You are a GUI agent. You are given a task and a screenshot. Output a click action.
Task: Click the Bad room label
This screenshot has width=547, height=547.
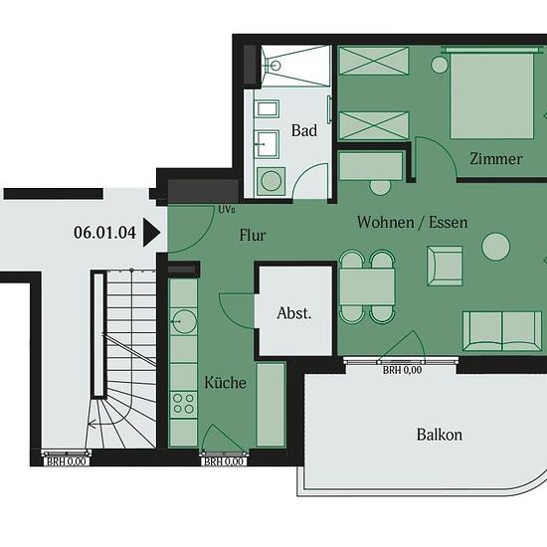click(304, 130)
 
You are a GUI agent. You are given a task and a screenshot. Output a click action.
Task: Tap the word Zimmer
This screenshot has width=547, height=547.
click(495, 159)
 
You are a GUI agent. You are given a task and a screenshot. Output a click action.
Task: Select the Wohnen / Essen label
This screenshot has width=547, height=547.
click(412, 222)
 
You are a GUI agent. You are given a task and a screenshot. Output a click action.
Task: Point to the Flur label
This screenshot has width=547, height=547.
click(253, 235)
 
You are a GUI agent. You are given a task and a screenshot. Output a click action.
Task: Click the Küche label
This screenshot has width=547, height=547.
click(225, 382)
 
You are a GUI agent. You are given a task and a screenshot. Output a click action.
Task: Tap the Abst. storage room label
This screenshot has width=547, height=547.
click(294, 313)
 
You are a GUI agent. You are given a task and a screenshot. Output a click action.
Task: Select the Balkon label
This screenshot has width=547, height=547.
click(440, 435)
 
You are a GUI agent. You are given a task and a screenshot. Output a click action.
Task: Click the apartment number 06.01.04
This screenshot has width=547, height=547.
click(104, 233)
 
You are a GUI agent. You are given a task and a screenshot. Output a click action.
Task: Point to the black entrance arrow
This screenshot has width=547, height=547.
click(152, 233)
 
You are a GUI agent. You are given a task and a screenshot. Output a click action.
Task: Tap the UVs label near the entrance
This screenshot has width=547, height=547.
click(227, 210)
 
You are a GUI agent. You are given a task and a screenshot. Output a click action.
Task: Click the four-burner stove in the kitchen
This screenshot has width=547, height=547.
click(184, 404)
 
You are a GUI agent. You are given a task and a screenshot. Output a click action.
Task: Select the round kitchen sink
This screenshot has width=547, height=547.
click(184, 321)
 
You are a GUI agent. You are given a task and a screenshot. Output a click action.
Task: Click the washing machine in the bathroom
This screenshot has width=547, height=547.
click(272, 181)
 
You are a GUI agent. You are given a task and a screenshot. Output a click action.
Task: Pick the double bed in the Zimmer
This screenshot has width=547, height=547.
click(492, 94)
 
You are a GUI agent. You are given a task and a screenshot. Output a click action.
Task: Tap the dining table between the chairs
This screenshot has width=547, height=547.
click(367, 286)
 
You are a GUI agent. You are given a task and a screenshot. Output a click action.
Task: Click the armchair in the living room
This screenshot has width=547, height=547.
click(445, 266)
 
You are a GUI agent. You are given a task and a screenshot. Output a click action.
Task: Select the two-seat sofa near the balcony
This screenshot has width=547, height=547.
click(502, 331)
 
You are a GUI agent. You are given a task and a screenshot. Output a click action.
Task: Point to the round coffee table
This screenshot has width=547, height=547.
click(495, 247)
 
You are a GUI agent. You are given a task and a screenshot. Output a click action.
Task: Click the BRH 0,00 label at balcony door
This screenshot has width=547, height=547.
click(402, 370)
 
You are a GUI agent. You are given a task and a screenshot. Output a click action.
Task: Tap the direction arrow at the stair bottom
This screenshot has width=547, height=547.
click(92, 425)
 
